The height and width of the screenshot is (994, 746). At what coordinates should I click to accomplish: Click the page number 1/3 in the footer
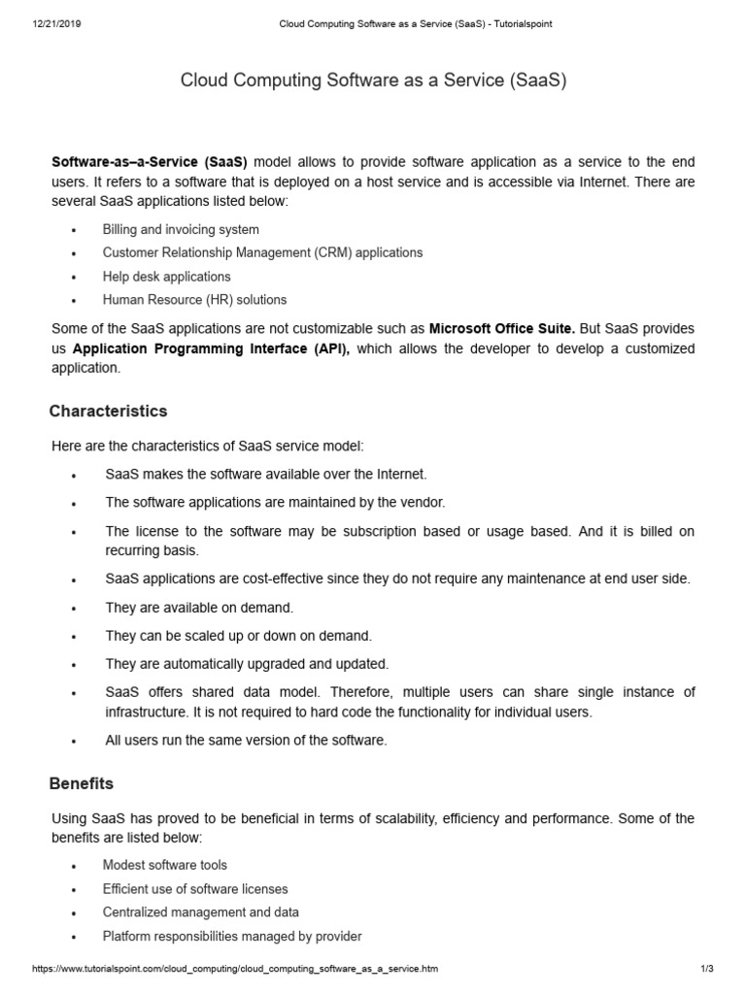pyautogui.click(x=706, y=970)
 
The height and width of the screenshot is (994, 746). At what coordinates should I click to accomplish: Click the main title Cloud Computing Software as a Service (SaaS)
pyautogui.click(x=373, y=81)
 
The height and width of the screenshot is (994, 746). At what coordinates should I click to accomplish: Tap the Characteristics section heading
pyautogui.click(x=108, y=412)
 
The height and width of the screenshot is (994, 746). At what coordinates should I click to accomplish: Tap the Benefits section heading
pyautogui.click(x=82, y=782)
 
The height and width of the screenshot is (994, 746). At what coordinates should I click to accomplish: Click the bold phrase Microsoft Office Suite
pyautogui.click(x=501, y=328)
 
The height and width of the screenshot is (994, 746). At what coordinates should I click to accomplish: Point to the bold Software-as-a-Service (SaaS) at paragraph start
pyautogui.click(x=150, y=162)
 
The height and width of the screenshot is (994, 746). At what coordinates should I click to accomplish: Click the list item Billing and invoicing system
pyautogui.click(x=181, y=230)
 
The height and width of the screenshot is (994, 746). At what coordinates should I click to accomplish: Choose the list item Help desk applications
pyautogui.click(x=166, y=277)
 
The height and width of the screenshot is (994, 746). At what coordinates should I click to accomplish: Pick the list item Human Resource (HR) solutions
pyautogui.click(x=194, y=300)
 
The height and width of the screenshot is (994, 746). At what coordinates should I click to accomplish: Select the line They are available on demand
pyautogui.click(x=199, y=608)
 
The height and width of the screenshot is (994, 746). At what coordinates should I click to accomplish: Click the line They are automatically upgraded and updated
pyautogui.click(x=247, y=664)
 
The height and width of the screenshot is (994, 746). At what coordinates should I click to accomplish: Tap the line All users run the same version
pyautogui.click(x=246, y=740)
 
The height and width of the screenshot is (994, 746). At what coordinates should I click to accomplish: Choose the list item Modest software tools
pyautogui.click(x=164, y=865)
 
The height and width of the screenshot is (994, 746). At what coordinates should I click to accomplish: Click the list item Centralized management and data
pyautogui.click(x=200, y=912)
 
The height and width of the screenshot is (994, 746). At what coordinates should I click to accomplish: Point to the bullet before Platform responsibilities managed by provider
pyautogui.click(x=74, y=938)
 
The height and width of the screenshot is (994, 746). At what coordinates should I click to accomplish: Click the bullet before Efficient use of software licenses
pyautogui.click(x=74, y=890)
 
